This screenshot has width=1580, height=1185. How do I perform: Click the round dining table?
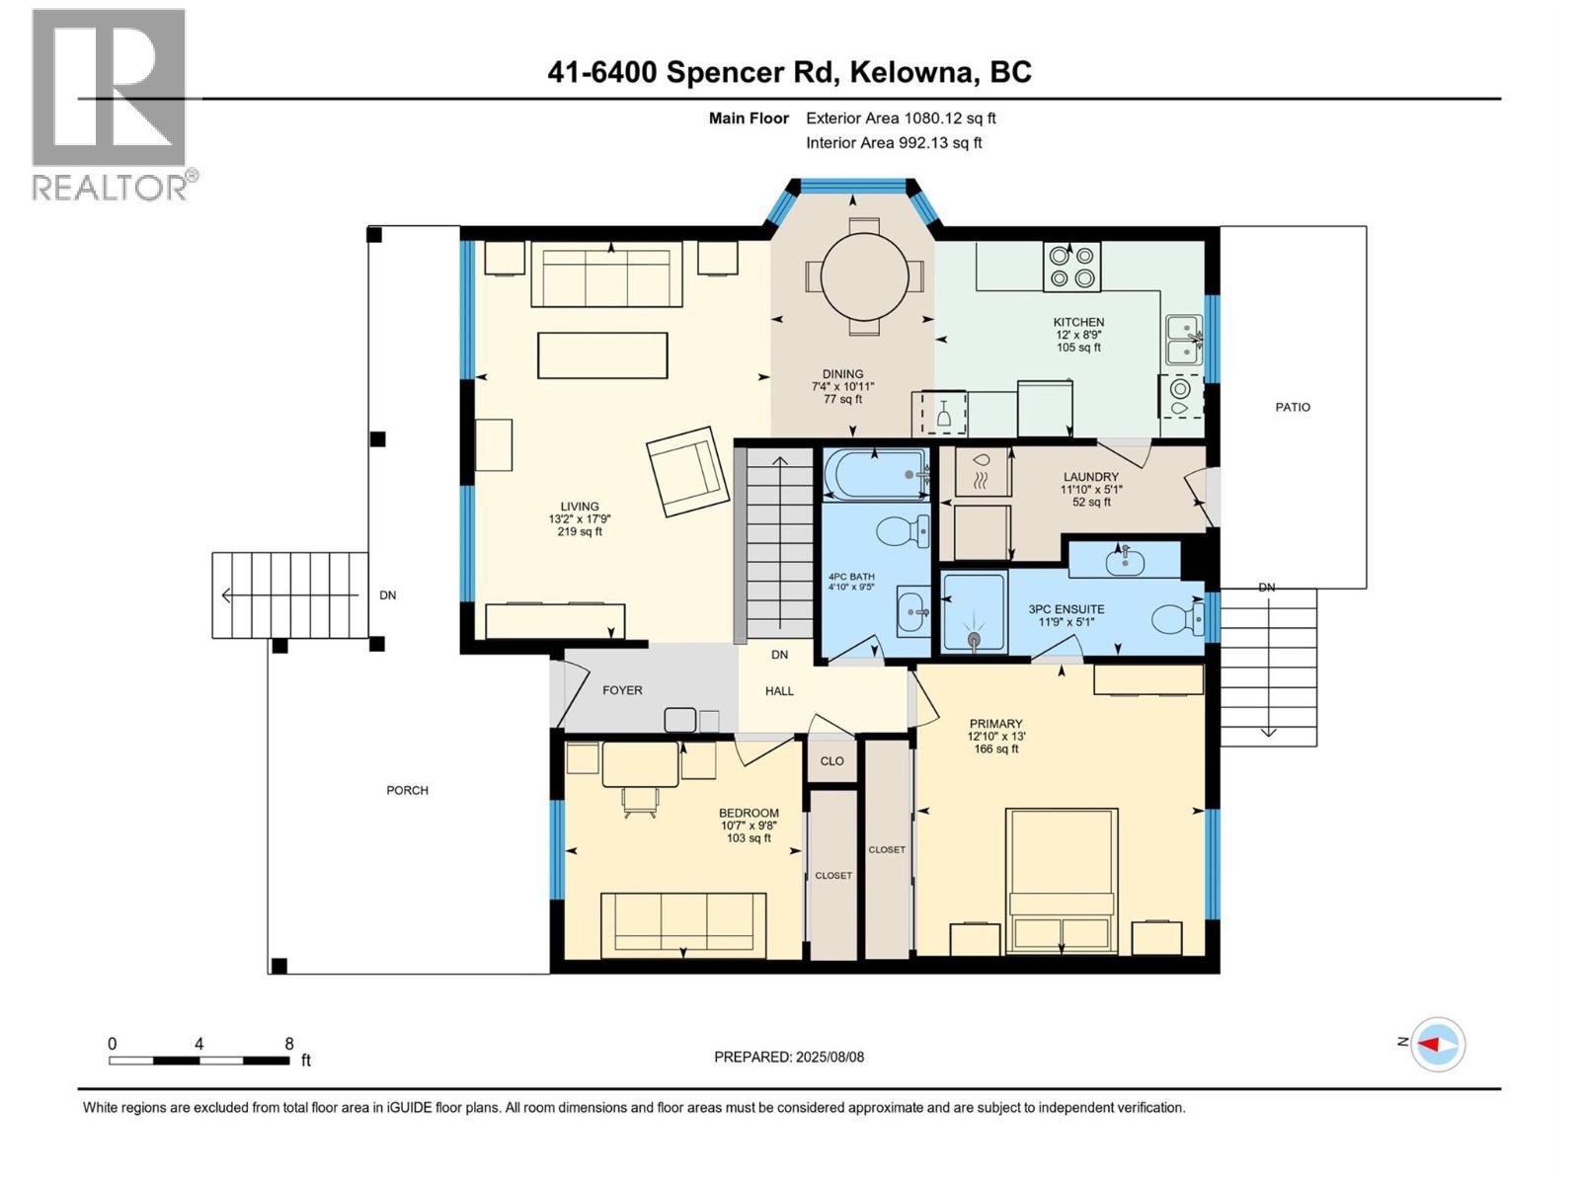tap(864, 276)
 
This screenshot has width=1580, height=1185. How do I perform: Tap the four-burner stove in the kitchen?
tap(1071, 267)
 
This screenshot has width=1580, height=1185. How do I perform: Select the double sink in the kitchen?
tap(1182, 340)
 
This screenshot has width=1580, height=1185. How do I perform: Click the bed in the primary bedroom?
tap(1062, 879)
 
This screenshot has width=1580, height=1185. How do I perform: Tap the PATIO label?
tap(1292, 407)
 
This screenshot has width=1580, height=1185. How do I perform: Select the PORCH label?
tap(407, 790)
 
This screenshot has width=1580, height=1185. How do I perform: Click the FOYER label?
tap(622, 690)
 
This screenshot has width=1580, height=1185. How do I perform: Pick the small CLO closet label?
tap(832, 761)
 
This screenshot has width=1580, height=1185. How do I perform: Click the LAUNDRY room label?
tap(1090, 477)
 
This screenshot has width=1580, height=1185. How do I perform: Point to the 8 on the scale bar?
tap(289, 1044)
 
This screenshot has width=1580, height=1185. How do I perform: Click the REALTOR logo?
tap(111, 104)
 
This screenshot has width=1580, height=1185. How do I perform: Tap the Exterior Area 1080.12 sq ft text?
tap(901, 118)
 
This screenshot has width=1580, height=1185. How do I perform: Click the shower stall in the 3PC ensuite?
tap(974, 612)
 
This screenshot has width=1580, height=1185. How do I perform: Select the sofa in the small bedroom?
tap(683, 918)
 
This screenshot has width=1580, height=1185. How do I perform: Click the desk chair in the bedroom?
tap(639, 802)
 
